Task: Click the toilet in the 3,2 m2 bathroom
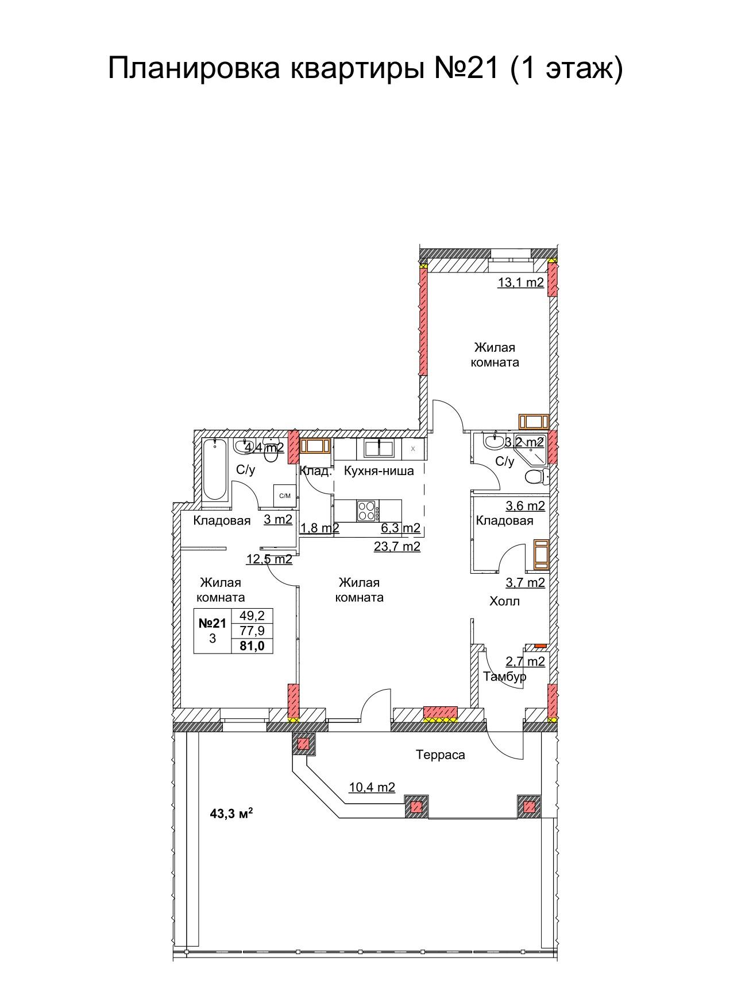pos(536,476)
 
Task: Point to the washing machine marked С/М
pos(285,495)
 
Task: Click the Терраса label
pos(441,754)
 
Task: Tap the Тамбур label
pos(504,676)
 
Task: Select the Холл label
pos(504,601)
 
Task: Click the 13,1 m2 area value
pos(520,282)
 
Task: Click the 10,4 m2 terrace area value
pos(372,787)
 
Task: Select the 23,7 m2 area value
pos(397,546)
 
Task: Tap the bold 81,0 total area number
pos(252,646)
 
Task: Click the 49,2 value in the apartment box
pos(252,616)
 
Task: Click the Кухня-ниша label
pos(379,471)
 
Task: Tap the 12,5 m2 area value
pos(269,559)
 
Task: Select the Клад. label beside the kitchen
pos(316,472)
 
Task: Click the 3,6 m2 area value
pos(525,505)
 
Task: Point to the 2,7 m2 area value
pos(525,661)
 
